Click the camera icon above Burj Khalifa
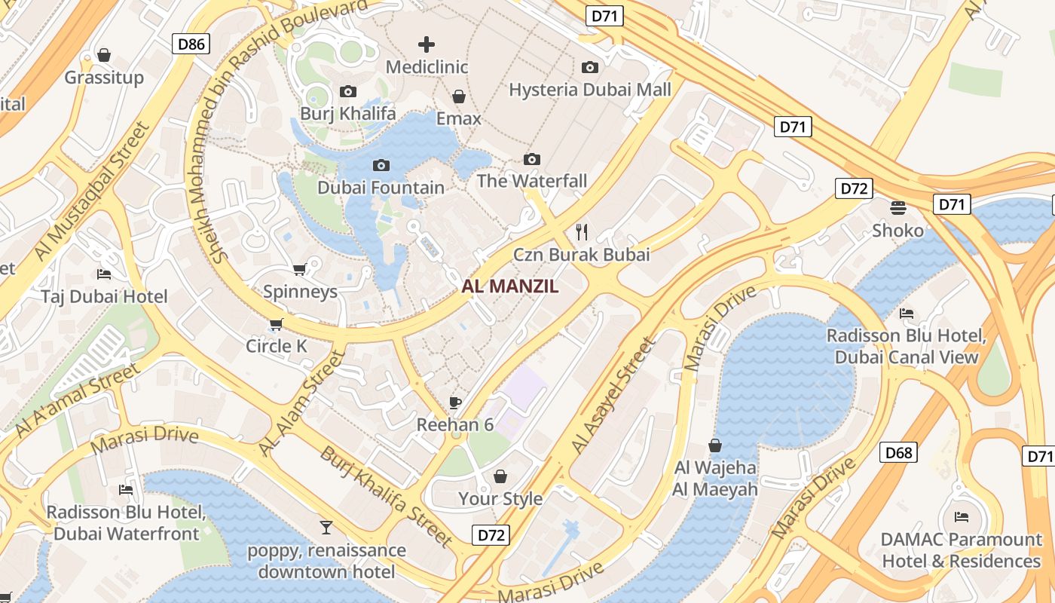[x=347, y=91]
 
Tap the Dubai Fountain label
[x=381, y=187]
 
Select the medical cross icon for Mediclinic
[x=427, y=44]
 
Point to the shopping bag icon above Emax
[x=458, y=96]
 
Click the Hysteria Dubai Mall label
[x=589, y=90]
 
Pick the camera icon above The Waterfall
[x=532, y=159]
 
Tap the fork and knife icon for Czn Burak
[x=581, y=231]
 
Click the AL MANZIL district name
[x=510, y=286]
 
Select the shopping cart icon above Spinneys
[x=300, y=269]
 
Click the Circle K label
[x=277, y=346]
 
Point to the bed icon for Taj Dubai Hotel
[x=104, y=274]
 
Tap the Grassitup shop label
[x=104, y=78]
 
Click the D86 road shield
[x=191, y=44]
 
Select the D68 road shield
[x=898, y=452]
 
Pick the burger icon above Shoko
[x=898, y=207]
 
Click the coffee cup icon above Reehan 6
[x=454, y=402]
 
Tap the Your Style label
[x=500, y=498]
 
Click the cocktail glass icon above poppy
[x=326, y=527]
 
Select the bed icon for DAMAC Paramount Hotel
[x=961, y=516]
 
